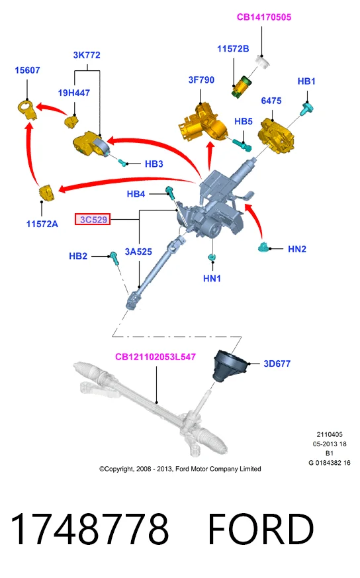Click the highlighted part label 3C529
(93, 220)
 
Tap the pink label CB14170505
(264, 17)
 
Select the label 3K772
(87, 55)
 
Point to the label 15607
(27, 70)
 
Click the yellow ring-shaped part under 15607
(27, 109)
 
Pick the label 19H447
(73, 93)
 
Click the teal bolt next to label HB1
(307, 109)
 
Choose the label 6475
(271, 101)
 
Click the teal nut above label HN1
(212, 257)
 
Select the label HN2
(297, 249)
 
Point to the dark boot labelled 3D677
(228, 365)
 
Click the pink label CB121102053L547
(156, 357)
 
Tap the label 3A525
(138, 252)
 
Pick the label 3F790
(201, 80)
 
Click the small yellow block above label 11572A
(47, 193)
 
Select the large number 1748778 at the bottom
(89, 528)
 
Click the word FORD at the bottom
(261, 528)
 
